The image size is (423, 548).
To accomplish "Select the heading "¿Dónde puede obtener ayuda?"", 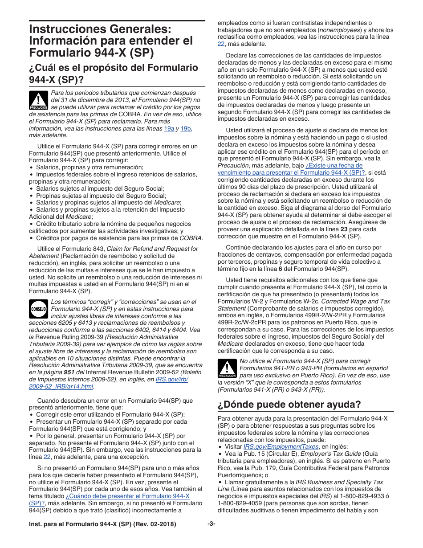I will pos(289,404).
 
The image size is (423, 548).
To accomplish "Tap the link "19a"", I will pos(169,128).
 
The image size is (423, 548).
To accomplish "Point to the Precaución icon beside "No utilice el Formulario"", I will pos(227,368).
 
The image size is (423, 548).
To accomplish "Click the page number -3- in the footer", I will pos(211,524).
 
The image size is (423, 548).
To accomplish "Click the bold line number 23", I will pos(344,229).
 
